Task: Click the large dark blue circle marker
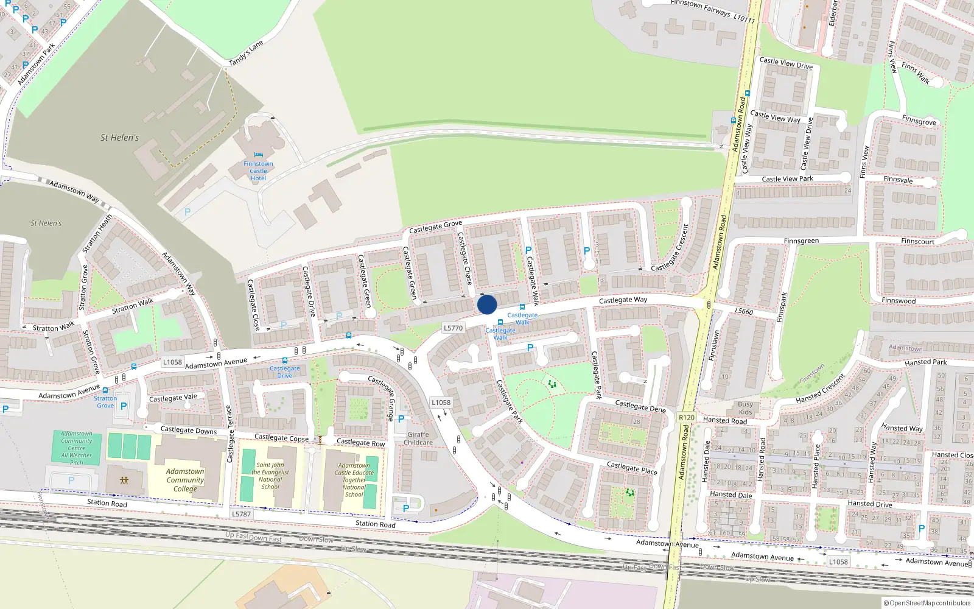pyautogui.click(x=487, y=304)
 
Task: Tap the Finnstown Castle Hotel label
pyautogui.click(x=258, y=171)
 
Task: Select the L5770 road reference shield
pyautogui.click(x=453, y=328)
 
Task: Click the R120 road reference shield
pyautogui.click(x=686, y=417)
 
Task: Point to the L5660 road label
pyautogui.click(x=743, y=311)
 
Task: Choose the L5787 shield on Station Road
pyautogui.click(x=241, y=514)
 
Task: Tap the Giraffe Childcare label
pyautogui.click(x=418, y=438)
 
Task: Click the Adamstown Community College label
pyautogui.click(x=185, y=480)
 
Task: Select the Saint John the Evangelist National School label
pyautogui.click(x=270, y=476)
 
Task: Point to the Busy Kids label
pyautogui.click(x=745, y=408)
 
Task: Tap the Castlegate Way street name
pyautogui.click(x=623, y=300)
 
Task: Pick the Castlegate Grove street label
pyautogui.click(x=435, y=227)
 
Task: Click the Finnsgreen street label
pyautogui.click(x=801, y=241)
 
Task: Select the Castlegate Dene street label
pyautogui.click(x=640, y=406)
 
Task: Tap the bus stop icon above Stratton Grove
pyautogui.click(x=105, y=390)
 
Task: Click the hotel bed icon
pyautogui.click(x=258, y=155)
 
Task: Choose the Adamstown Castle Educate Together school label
pyautogui.click(x=354, y=480)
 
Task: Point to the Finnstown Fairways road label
pyautogui.click(x=712, y=11)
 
